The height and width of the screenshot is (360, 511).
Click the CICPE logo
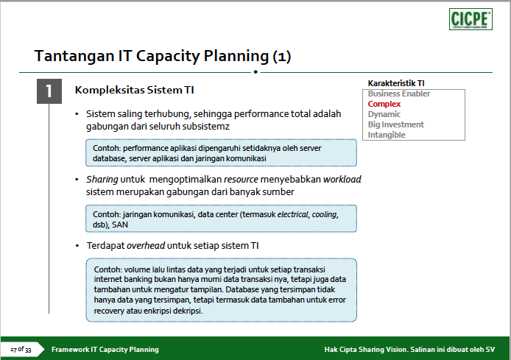(x=471, y=19)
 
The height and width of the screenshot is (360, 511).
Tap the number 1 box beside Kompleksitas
(x=49, y=91)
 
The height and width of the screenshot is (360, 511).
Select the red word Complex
(x=384, y=104)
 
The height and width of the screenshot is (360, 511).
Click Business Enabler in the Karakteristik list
(x=399, y=93)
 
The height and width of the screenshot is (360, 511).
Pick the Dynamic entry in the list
(x=384, y=114)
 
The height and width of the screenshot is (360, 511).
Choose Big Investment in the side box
(x=396, y=124)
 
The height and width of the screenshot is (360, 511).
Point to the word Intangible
(x=387, y=135)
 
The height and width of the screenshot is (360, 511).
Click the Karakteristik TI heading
(x=396, y=83)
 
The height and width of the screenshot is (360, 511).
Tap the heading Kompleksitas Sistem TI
(x=134, y=90)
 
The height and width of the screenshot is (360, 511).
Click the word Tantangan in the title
(x=74, y=56)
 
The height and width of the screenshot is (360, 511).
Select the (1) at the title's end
(x=281, y=57)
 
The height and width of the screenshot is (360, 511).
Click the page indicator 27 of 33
(x=21, y=350)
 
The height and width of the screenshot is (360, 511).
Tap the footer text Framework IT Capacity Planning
(x=105, y=350)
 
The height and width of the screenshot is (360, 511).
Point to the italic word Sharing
(x=102, y=180)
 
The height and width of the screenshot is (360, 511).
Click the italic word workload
(x=342, y=180)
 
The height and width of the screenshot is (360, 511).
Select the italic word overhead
(x=146, y=246)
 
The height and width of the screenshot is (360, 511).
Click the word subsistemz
(x=206, y=127)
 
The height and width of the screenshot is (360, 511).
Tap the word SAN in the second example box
(x=120, y=225)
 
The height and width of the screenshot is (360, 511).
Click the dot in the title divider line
(x=255, y=72)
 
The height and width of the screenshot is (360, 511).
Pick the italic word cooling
(x=325, y=215)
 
